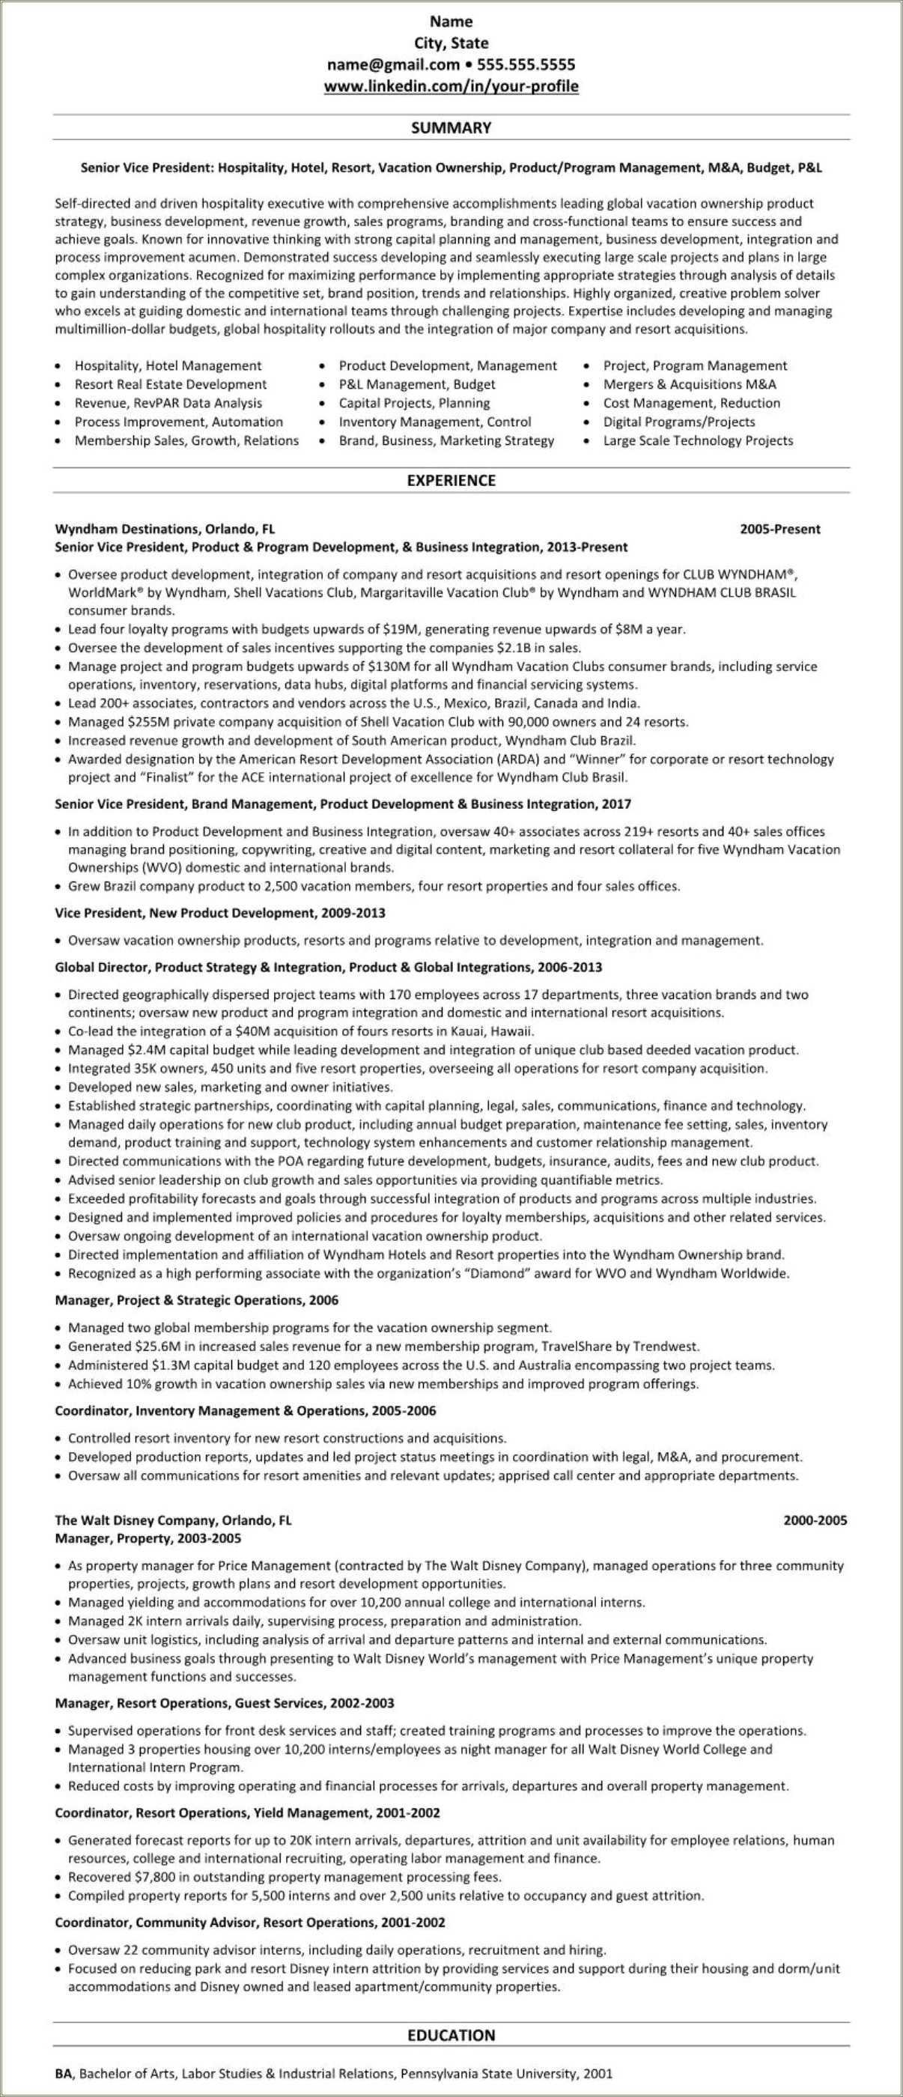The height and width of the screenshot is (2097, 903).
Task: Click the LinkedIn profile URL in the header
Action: pos(451,86)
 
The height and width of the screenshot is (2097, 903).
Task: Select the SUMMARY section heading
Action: pos(451,128)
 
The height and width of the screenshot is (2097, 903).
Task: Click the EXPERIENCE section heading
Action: pos(451,480)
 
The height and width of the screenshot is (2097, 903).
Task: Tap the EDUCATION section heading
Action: pos(451,2035)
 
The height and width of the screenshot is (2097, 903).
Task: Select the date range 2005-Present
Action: pos(779,529)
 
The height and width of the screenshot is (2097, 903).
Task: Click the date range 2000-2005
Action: pos(815,1520)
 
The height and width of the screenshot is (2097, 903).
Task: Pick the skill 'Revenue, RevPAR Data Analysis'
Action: pos(168,403)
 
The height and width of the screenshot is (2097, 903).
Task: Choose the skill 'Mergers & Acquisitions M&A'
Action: pos(689,384)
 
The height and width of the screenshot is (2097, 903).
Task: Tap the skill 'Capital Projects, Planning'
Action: pos(414,403)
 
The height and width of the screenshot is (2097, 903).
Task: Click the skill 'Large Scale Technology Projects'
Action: pos(697,440)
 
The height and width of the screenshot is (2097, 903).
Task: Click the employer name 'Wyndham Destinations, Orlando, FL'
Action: pos(164,529)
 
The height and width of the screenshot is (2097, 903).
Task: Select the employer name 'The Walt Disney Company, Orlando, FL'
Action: pos(172,1520)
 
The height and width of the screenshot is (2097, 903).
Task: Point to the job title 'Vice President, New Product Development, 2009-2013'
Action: pos(219,914)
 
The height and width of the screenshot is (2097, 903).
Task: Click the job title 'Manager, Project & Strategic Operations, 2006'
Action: pos(196,1300)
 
